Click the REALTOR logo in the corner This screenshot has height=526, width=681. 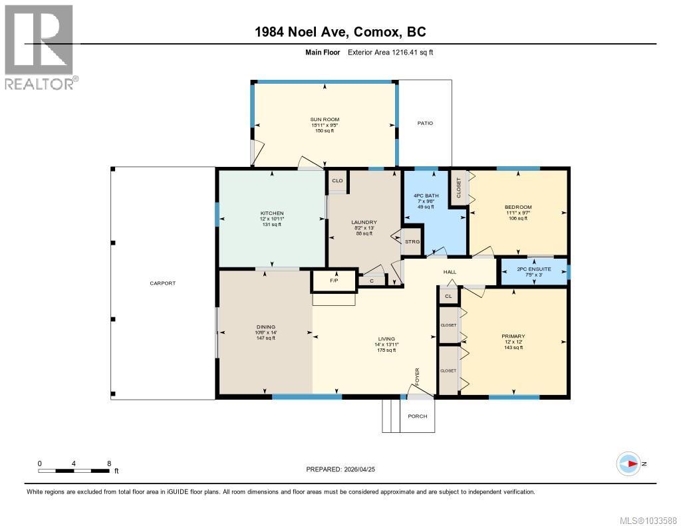(39, 47)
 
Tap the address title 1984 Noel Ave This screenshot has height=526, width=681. (341, 31)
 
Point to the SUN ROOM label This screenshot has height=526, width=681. (325, 120)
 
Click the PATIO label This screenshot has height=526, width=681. (425, 123)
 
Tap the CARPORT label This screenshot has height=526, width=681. (162, 283)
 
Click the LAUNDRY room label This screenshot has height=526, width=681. (364, 222)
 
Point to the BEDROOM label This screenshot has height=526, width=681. (517, 207)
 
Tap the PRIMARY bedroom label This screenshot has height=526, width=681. (513, 336)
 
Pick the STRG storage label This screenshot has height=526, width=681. (412, 242)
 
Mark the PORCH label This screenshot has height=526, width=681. (417, 416)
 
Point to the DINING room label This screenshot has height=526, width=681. (265, 327)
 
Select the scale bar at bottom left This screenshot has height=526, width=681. (74, 471)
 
